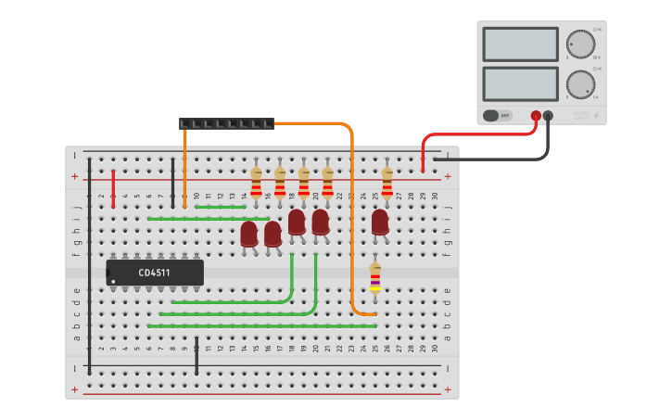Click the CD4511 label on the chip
click(x=154, y=273)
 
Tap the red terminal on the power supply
click(x=536, y=116)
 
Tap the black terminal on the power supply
click(x=548, y=116)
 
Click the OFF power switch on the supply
click(x=498, y=116)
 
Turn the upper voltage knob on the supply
click(x=580, y=45)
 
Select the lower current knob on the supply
click(x=580, y=84)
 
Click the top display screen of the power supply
click(x=520, y=45)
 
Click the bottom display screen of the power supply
click(x=520, y=83)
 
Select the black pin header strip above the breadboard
click(x=226, y=123)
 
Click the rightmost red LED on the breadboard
click(x=380, y=223)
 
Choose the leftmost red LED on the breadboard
click(x=248, y=234)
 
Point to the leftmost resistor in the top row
click(x=257, y=182)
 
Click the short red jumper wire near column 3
click(x=114, y=188)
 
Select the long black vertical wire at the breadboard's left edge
click(x=90, y=269)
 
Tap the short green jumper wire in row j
click(x=221, y=207)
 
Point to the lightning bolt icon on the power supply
click(x=595, y=117)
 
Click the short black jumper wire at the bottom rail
click(x=197, y=357)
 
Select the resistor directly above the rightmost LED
click(x=387, y=182)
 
